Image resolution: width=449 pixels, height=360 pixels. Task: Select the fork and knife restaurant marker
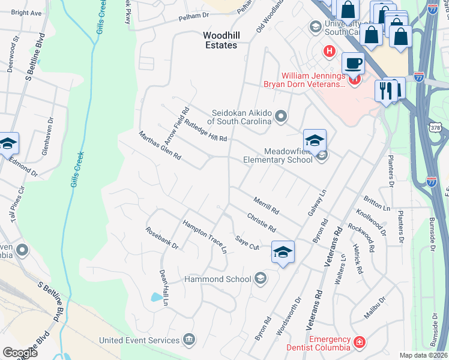tap(384, 91)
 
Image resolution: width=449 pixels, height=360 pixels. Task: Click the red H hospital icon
tap(328, 52)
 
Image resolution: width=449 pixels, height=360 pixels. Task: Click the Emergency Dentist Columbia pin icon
tap(359, 342)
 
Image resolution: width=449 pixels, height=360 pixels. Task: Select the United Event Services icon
tap(190, 340)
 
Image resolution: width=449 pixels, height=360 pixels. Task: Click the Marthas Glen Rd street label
tap(160, 146)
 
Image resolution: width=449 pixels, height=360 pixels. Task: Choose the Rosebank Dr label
tap(162, 238)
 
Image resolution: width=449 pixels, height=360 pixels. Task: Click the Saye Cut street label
tap(247, 243)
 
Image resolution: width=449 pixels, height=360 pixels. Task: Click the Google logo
tap(20, 353)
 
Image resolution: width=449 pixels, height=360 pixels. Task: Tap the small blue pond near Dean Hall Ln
tap(157, 296)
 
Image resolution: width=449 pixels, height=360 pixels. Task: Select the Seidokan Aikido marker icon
tap(280, 116)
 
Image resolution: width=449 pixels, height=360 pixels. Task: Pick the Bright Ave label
tap(26, 13)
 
